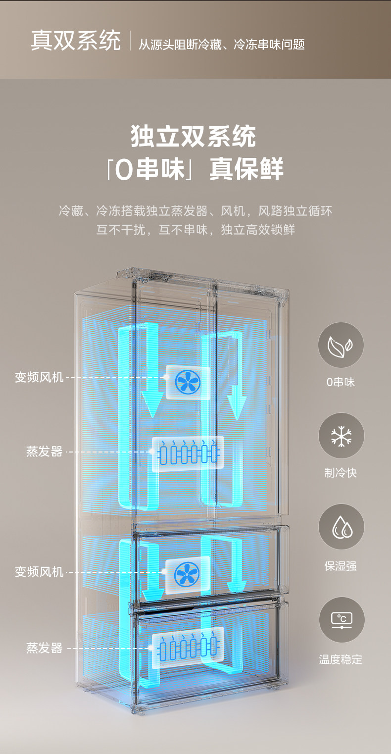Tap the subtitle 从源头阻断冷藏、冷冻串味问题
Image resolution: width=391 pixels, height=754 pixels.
221,45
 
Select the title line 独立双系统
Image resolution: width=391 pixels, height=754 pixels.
194,137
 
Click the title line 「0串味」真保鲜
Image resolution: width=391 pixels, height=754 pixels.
195,169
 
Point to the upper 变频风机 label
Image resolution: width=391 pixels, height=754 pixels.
39,378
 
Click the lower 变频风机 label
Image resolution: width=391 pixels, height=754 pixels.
39,572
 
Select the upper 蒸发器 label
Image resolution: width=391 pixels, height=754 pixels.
45,452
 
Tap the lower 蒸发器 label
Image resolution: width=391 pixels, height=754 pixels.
45,648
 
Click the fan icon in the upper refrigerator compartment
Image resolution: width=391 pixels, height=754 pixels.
188,383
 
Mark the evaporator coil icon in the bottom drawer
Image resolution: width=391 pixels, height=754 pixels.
188,648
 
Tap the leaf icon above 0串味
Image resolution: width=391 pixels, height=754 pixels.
341,345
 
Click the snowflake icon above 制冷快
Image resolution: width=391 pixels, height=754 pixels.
341,436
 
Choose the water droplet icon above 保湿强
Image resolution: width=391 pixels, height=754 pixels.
341,527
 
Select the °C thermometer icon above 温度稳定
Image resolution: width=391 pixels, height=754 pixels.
341,619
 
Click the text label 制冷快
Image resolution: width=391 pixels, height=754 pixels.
341,473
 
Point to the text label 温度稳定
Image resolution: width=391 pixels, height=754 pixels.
341,659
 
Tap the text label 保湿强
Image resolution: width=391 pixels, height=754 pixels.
341,566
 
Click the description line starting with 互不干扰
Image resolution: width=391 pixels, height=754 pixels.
195,230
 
